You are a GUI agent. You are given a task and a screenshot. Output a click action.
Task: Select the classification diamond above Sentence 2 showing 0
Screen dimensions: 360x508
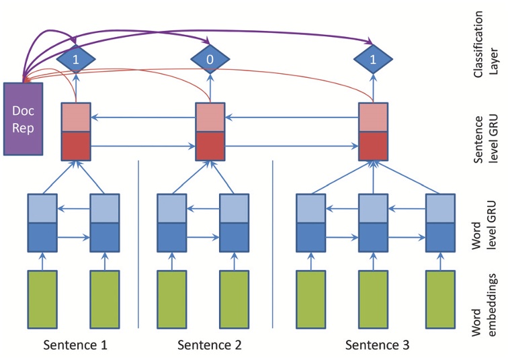[x=210, y=59]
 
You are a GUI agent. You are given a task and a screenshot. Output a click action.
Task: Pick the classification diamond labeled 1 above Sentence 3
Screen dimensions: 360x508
[x=374, y=59]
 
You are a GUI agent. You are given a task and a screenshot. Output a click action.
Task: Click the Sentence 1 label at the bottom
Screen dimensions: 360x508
[x=75, y=345]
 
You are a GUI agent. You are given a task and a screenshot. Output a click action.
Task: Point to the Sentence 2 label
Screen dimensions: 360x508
[x=209, y=345]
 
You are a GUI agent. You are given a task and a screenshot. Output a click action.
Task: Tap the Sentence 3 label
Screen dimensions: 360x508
[x=377, y=345]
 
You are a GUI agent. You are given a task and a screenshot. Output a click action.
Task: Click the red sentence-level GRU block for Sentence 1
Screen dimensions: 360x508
[x=76, y=132]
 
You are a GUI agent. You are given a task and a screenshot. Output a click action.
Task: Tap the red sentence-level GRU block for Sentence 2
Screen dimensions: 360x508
[x=210, y=132]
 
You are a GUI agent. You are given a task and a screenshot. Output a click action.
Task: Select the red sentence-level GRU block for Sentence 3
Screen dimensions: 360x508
[x=374, y=132]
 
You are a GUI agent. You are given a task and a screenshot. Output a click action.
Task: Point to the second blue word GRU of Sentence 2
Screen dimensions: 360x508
[x=235, y=221]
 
